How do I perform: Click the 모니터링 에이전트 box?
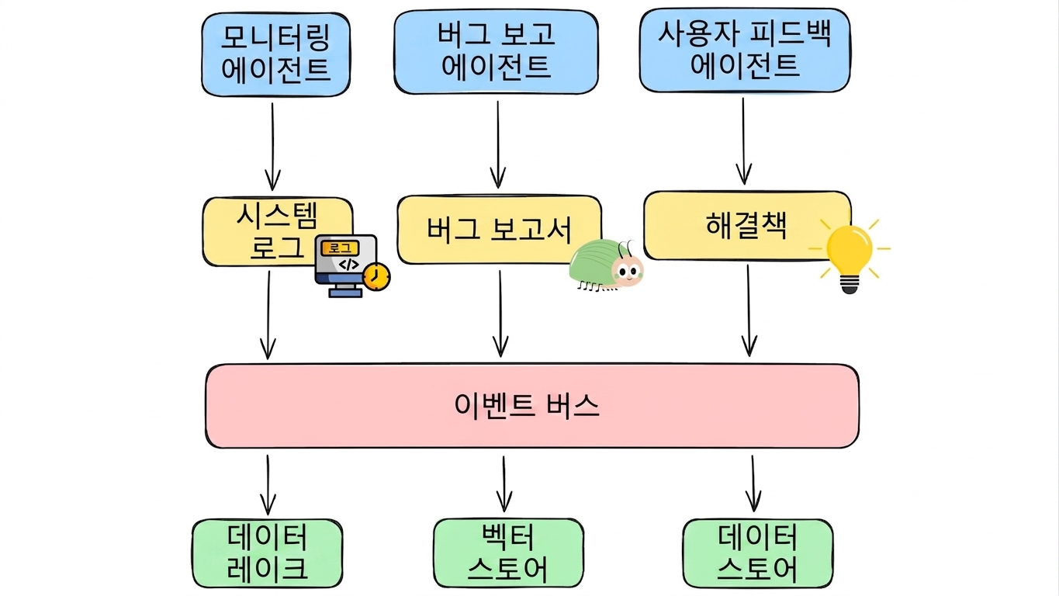(x=275, y=54)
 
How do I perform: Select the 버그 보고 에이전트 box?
(x=496, y=51)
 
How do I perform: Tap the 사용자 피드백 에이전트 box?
(x=745, y=50)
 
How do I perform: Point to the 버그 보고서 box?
(x=500, y=230)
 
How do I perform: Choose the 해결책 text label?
(x=746, y=225)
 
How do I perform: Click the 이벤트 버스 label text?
(x=526, y=406)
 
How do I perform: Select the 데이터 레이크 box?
(x=267, y=553)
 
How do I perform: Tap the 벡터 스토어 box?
(x=508, y=553)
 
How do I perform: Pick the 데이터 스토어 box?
(x=758, y=553)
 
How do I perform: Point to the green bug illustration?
(x=606, y=265)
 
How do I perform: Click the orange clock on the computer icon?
(x=376, y=277)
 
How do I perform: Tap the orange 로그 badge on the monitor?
(x=340, y=248)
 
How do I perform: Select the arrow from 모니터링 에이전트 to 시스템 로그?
(x=272, y=147)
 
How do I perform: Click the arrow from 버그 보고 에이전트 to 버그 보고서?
(x=498, y=145)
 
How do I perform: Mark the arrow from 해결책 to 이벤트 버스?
(x=749, y=310)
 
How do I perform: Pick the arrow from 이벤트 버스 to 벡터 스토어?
(x=504, y=484)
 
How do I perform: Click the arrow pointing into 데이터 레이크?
(x=268, y=485)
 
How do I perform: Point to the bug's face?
(x=627, y=271)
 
